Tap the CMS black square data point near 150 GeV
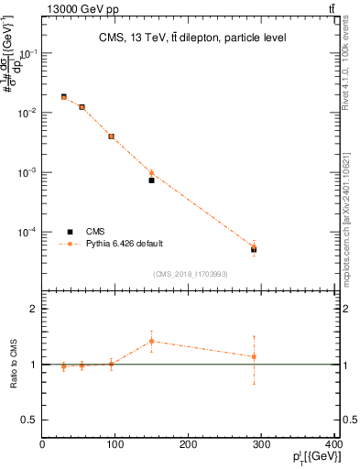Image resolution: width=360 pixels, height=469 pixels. pyautogui.click(x=151, y=180)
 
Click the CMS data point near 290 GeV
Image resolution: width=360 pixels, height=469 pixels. pyautogui.click(x=254, y=249)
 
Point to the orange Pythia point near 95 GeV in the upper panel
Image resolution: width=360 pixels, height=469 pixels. pyautogui.click(x=111, y=136)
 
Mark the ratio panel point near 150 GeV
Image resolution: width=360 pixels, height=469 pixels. pyautogui.click(x=151, y=341)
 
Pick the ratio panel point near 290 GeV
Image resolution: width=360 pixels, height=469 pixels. pyautogui.click(x=254, y=356)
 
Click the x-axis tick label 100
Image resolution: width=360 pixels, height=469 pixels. pyautogui.click(x=115, y=445)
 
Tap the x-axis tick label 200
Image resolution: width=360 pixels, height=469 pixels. pyautogui.click(x=189, y=445)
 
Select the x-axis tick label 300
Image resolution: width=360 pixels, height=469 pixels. pyautogui.click(x=262, y=445)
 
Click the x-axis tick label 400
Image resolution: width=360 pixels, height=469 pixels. pyautogui.click(x=333, y=445)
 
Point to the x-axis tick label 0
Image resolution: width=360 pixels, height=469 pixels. pyautogui.click(x=42, y=445)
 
